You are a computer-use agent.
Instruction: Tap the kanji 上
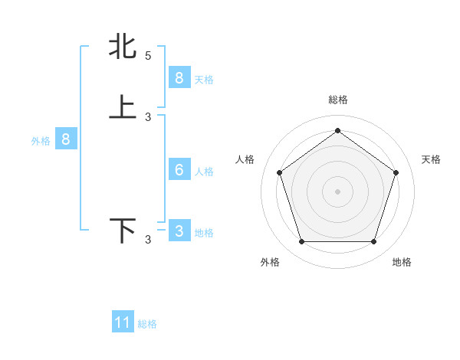[x=123, y=106]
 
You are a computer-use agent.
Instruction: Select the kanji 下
[x=123, y=231]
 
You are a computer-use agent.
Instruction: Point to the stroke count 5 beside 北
[x=148, y=55]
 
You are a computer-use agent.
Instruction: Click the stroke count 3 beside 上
[x=148, y=116]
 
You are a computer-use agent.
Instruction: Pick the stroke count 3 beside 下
[x=148, y=241]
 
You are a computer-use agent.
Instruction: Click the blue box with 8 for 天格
[x=179, y=77]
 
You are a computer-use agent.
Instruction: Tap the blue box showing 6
[x=179, y=170]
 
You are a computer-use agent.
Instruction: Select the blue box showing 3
[x=179, y=231]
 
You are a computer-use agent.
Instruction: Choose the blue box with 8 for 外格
[x=66, y=139]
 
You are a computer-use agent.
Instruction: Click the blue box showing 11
[x=123, y=322]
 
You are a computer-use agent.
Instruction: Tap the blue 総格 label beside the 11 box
[x=147, y=324]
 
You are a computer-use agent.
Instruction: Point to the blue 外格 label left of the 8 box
[x=41, y=141]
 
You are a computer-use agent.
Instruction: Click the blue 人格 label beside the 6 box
[x=204, y=172]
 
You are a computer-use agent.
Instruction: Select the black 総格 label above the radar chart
[x=337, y=100]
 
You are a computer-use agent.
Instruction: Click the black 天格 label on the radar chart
[x=431, y=159]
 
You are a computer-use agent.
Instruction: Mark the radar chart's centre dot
[x=337, y=191]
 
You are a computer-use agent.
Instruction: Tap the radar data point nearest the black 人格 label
[x=279, y=172]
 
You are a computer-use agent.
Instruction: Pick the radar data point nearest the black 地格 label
[x=373, y=242]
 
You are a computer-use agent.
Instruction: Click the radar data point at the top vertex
[x=337, y=130]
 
